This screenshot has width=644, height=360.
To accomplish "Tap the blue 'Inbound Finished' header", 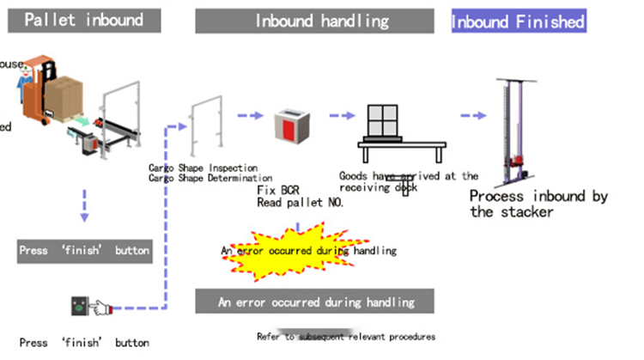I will coord(519,21).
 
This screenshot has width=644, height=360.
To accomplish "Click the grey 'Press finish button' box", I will coord(84,251).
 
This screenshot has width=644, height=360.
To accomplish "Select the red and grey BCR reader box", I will coord(289,127).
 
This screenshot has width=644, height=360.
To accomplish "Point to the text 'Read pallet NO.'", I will coord(301,203).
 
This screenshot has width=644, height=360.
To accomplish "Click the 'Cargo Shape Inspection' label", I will coord(204,168).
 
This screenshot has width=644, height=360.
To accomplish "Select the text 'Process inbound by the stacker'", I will coord(538,204).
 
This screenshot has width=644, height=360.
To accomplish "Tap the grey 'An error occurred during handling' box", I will coord(315,302).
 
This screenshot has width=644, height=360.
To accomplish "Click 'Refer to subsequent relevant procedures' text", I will coord(346,336).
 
